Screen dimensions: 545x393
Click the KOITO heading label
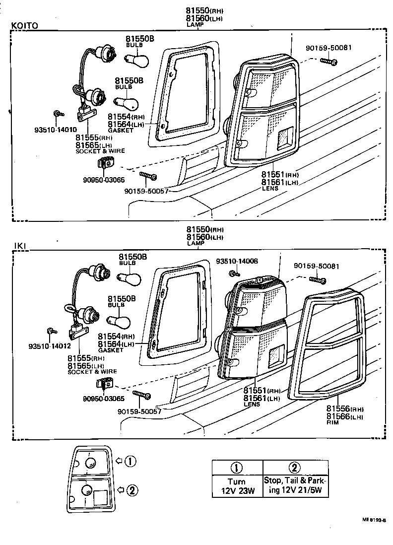[24, 26]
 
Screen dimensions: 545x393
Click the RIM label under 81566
[332, 423]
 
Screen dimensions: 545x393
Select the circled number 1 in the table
[237, 467]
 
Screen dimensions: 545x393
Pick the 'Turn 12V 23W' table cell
[237, 486]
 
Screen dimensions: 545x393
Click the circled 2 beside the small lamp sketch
[131, 490]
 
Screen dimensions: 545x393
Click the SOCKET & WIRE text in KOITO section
[100, 150]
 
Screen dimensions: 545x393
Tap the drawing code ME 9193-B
[373, 520]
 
